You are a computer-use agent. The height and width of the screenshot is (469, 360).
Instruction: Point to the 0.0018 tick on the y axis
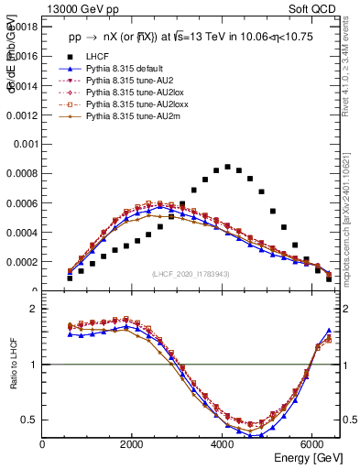(x=21, y=27)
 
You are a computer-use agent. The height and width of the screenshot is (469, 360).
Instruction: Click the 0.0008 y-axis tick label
(x=21, y=173)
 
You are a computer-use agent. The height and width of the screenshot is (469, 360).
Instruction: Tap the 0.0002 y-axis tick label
(x=21, y=261)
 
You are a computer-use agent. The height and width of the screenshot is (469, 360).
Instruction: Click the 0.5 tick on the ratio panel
(x=28, y=420)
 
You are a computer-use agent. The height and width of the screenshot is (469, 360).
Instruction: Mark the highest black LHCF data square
(x=227, y=167)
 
